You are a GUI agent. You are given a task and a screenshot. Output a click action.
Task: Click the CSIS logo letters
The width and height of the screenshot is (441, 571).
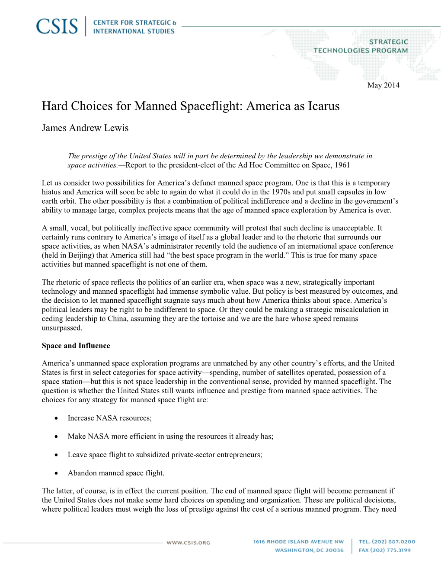click(57, 26)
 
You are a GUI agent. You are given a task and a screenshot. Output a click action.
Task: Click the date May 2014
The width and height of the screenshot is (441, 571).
click(383, 85)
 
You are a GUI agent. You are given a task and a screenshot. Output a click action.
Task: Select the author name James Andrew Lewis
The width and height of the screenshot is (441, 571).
click(85, 128)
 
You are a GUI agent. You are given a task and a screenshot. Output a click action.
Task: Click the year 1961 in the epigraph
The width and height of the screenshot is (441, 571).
click(342, 165)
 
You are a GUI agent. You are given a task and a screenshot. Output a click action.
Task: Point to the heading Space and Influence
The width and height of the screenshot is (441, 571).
click(76, 346)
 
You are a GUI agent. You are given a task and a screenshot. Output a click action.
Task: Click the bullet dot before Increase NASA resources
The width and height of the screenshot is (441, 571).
click(57, 418)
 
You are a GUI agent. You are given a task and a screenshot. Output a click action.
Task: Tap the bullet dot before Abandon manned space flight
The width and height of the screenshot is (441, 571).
click(57, 473)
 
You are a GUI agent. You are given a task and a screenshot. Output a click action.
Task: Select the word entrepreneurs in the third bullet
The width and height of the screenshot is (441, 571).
click(239, 455)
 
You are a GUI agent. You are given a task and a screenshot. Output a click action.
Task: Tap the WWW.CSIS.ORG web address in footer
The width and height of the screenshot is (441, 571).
click(188, 542)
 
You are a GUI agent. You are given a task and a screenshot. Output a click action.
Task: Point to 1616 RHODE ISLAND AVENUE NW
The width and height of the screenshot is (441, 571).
click(298, 542)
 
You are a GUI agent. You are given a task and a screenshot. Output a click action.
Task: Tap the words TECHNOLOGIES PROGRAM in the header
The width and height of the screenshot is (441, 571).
click(361, 51)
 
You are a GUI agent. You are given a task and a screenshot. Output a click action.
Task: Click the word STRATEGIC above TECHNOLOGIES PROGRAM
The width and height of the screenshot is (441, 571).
click(388, 42)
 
